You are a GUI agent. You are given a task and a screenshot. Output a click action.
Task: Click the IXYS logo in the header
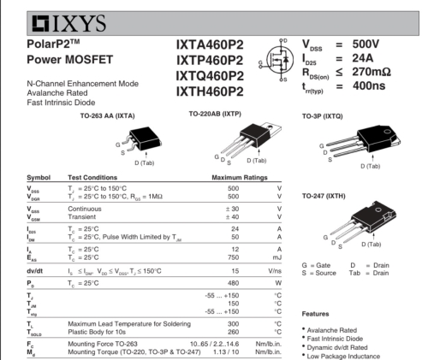pos(68,23)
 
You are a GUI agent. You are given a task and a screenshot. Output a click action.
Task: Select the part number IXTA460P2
pos(210,45)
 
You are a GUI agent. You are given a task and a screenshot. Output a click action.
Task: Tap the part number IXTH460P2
pos(210,91)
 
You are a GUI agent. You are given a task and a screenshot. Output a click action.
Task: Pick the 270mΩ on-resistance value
pos(372,72)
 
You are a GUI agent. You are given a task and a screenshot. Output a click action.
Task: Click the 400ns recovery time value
pos(369,86)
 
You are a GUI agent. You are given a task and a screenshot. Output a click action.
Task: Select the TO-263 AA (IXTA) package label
pos(107,116)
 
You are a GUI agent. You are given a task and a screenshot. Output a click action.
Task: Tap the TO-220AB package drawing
pos(251,141)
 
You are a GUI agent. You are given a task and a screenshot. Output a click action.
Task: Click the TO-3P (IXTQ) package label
pos(323,116)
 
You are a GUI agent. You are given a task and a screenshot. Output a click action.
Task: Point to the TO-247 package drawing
pos(362,221)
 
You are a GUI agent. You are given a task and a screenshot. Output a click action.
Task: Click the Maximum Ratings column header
pos(240,178)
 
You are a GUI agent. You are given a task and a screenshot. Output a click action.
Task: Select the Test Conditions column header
pos(92,178)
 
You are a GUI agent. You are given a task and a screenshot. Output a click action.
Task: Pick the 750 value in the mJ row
pos(233,257)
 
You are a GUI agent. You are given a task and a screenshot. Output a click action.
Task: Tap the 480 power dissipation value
pos(233,283)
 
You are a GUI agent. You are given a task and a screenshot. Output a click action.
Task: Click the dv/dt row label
pos(34,271)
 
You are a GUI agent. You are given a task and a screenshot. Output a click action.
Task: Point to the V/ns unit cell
pos(275,271)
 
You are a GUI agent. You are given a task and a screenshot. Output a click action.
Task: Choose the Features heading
pos(315,314)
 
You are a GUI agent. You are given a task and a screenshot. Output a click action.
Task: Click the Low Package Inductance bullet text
pos(343,357)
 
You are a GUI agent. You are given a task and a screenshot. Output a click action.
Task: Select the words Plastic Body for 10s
pos(97,332)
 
